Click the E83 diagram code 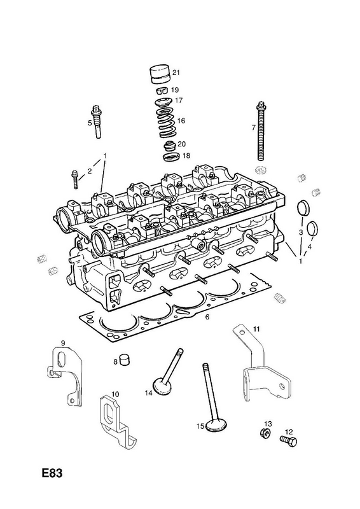(52, 473)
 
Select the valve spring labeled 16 (166, 123)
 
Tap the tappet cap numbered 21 (161, 76)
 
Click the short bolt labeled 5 (97, 122)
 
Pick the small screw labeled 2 (74, 179)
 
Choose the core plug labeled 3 (303, 209)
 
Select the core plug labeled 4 (312, 228)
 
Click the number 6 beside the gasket (207, 317)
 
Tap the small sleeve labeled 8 (125, 359)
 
